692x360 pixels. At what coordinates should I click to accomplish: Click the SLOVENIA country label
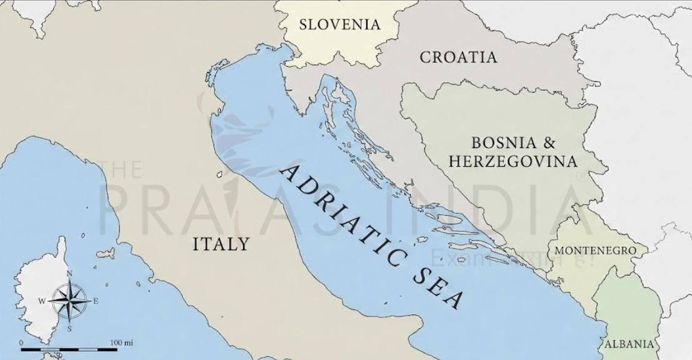pos(339,25)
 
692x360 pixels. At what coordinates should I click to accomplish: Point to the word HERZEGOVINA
pos(513,162)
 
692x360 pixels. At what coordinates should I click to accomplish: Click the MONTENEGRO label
pos(596,251)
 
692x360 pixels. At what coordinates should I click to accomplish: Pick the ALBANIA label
pos(628,344)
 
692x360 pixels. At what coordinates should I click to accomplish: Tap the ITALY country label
pos(220,244)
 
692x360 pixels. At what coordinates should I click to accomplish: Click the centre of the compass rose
pos(69,301)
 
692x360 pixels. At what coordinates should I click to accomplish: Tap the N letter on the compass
pos(69,274)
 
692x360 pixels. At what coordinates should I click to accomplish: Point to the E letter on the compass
pos(96,301)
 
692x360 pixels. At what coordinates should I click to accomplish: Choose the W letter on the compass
pos(42,301)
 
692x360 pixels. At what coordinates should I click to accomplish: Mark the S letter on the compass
pos(69,328)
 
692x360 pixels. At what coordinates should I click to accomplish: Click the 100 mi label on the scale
pos(121,343)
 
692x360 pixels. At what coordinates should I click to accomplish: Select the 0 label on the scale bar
pos(21,343)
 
